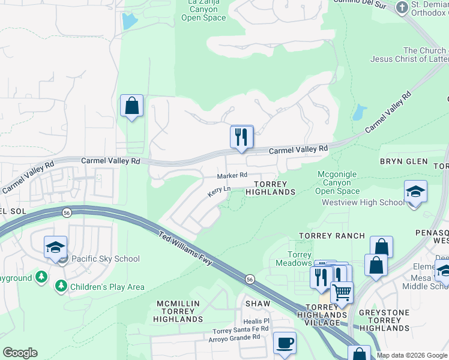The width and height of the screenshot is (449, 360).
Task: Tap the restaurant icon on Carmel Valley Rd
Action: click(x=242, y=136)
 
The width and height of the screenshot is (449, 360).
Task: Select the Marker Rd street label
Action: click(x=232, y=175)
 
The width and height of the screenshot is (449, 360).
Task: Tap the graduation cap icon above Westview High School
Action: click(x=415, y=192)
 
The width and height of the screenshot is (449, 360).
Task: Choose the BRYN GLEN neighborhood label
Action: click(x=403, y=161)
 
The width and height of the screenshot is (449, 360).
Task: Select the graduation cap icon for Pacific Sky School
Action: click(x=55, y=247)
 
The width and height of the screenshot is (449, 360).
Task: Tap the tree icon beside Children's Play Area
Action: click(x=61, y=286)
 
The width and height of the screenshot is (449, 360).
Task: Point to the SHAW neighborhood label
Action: click(x=258, y=304)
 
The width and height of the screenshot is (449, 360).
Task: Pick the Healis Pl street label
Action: click(x=257, y=321)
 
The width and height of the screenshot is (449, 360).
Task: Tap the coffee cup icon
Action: click(x=285, y=343)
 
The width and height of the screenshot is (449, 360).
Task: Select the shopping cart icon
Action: click(x=342, y=293)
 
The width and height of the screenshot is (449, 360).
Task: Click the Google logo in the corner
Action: click(x=20, y=353)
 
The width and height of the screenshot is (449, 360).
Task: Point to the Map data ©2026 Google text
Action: click(x=411, y=355)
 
